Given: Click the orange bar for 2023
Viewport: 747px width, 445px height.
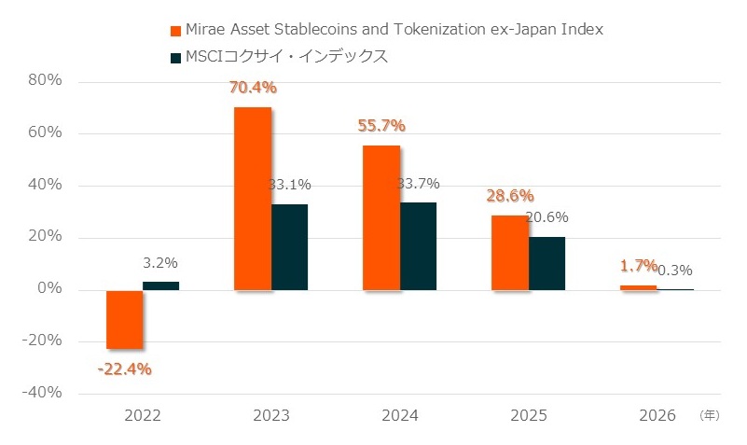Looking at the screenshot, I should point(253,199).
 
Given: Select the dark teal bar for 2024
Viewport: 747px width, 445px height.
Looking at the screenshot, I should point(418,246).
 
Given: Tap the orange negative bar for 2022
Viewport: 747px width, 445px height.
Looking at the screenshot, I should point(124,319).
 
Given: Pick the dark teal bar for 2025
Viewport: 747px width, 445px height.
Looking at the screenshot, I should point(546,263).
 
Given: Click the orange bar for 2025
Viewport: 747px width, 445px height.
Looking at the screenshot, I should point(510,252).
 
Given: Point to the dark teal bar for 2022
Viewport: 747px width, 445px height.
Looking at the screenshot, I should point(160,285).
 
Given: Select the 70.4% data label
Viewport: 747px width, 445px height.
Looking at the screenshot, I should point(254,89).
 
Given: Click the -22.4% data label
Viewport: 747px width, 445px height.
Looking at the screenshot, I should point(124,369).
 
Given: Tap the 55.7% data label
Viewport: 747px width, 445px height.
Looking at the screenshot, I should point(381,126).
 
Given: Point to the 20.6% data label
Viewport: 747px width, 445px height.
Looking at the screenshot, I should point(547,217).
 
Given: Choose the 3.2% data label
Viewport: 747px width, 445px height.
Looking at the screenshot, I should point(160,263).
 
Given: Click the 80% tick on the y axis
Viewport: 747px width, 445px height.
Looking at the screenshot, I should point(45,80).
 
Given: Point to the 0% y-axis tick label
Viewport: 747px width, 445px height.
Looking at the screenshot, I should point(49,289).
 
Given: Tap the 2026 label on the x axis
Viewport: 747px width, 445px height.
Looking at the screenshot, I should point(657,414).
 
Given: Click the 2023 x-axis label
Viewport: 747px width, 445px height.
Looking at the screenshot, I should point(270,414).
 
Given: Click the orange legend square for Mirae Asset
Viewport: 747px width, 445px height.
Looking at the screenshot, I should point(175,30).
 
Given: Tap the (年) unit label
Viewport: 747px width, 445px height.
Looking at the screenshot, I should point(710,415).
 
